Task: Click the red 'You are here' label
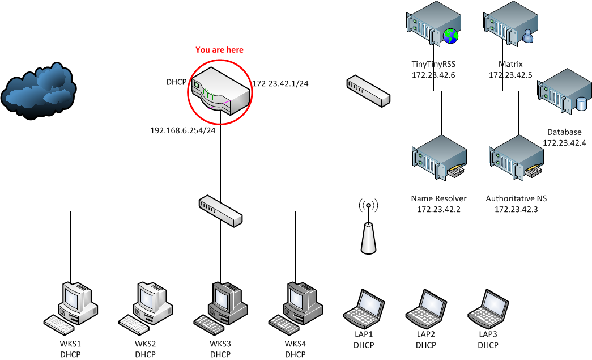219,50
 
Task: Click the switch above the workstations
220,210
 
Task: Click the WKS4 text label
295,344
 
